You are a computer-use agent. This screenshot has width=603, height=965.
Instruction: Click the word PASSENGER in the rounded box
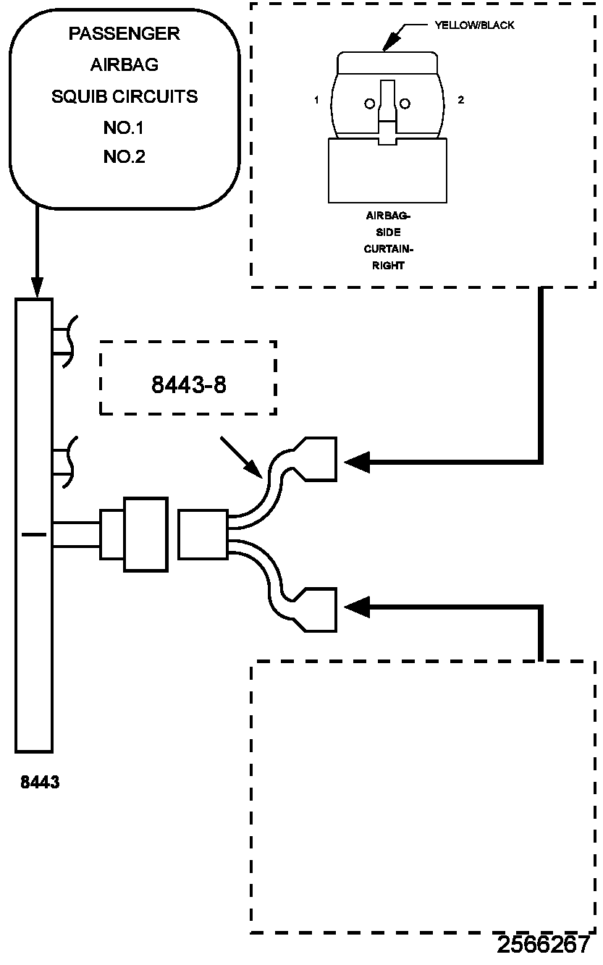(124, 33)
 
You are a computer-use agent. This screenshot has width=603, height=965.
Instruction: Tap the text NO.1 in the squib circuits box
(123, 127)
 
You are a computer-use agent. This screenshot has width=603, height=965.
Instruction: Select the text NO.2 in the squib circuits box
(124, 157)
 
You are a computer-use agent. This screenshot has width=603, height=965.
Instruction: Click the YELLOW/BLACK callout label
(474, 25)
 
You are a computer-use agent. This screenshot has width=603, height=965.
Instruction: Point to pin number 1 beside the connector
(316, 100)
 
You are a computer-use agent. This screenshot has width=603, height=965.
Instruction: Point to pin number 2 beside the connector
(460, 100)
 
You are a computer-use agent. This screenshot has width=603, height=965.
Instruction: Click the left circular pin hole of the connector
(370, 104)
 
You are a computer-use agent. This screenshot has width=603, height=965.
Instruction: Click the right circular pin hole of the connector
(405, 104)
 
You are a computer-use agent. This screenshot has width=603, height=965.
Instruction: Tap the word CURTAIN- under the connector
(388, 249)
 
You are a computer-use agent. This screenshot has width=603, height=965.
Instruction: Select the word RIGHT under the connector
(388, 266)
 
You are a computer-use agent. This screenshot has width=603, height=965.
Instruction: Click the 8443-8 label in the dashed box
(189, 384)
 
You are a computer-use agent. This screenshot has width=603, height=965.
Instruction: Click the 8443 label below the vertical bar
(40, 782)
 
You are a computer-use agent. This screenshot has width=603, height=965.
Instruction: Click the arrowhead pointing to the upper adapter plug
(357, 463)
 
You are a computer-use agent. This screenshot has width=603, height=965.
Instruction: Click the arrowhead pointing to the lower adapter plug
(357, 607)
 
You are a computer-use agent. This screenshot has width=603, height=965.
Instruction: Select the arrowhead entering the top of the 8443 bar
(37, 287)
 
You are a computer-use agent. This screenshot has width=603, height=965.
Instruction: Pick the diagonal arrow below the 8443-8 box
(241, 458)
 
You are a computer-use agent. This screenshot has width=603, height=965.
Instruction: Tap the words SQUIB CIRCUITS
(125, 96)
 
